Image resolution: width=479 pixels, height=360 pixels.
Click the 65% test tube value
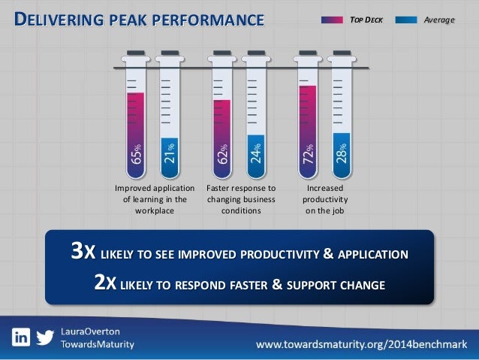pos(136,154)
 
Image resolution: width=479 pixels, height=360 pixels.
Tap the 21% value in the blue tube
pos(170,153)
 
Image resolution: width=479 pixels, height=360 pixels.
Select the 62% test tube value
pos(222,154)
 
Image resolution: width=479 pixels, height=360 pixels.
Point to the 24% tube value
pos(256,153)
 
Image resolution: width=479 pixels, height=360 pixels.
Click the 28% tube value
pos(342,153)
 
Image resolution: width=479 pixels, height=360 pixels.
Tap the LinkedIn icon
pos(21,337)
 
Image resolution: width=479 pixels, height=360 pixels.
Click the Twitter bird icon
pos(45,337)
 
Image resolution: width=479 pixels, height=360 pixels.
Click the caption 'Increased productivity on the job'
pos(325,199)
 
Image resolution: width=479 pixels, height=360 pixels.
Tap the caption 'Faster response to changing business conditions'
pos(240,199)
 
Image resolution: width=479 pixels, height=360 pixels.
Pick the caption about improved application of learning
pos(153,199)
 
